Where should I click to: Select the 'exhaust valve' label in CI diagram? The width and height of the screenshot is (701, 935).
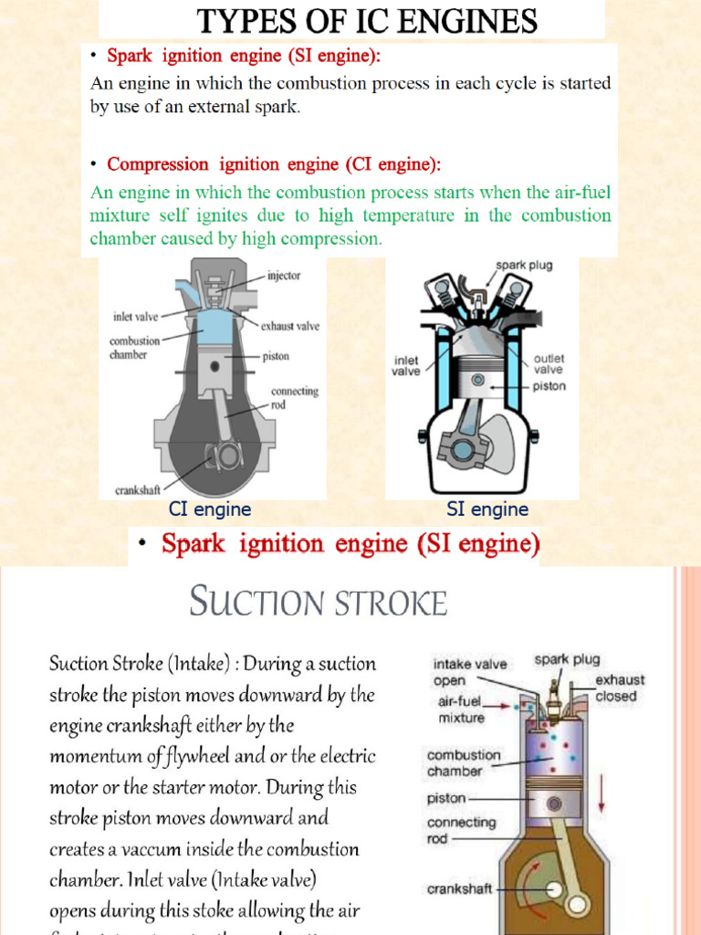(x=289, y=326)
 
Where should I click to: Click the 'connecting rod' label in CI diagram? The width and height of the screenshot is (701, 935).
(x=294, y=397)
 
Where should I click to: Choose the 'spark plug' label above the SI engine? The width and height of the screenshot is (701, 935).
(x=524, y=265)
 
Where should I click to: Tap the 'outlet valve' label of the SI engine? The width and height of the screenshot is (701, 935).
(x=549, y=363)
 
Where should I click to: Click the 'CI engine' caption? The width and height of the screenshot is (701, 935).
(x=210, y=510)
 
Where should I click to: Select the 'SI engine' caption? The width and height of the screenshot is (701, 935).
(x=487, y=510)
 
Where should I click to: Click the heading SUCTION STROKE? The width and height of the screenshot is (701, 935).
(x=318, y=603)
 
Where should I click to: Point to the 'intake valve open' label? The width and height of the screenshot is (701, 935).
(x=469, y=672)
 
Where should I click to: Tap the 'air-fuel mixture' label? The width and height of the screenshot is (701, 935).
(x=462, y=711)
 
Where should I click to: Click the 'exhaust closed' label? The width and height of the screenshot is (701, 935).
(x=620, y=688)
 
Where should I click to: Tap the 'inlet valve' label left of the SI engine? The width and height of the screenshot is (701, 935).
(x=406, y=365)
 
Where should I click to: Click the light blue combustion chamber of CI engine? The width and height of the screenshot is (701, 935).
(x=214, y=326)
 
